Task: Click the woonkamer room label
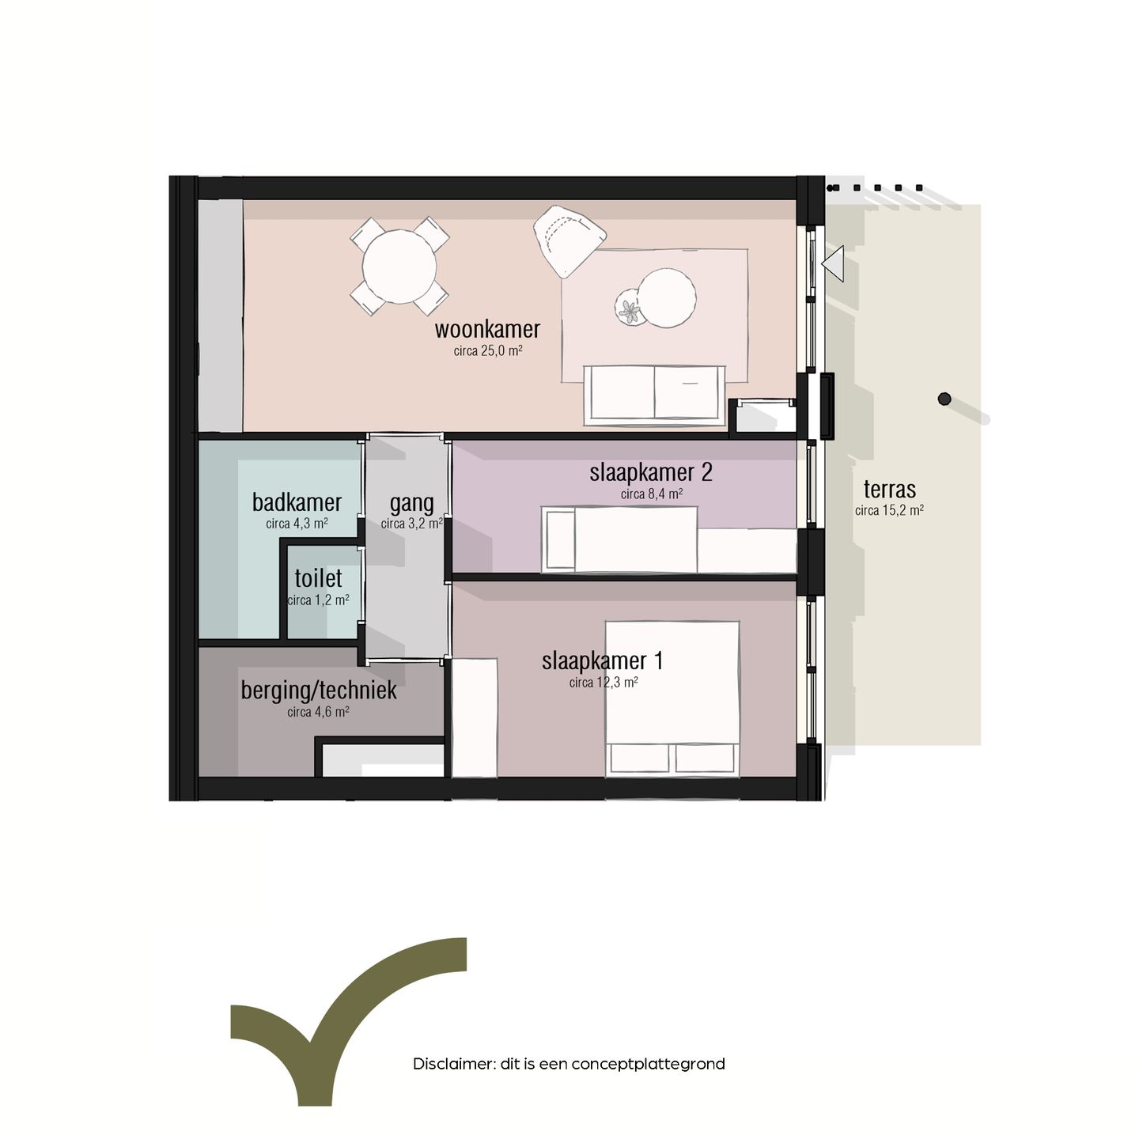coord(487,329)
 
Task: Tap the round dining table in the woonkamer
coord(399,266)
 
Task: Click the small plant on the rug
coord(630,309)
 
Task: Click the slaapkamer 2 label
coord(650,473)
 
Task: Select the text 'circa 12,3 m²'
coord(604,683)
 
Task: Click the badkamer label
coord(297,502)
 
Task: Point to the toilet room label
coord(318,578)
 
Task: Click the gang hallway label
coord(411,503)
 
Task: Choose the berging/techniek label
coord(319,691)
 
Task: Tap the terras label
coord(890,490)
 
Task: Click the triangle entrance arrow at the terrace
coord(834,263)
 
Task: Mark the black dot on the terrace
coord(944,399)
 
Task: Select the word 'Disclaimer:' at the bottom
coord(453,1064)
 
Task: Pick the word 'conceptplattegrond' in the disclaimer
coord(648,1064)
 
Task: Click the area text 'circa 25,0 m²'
coord(488,351)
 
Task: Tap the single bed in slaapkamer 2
coord(621,539)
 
